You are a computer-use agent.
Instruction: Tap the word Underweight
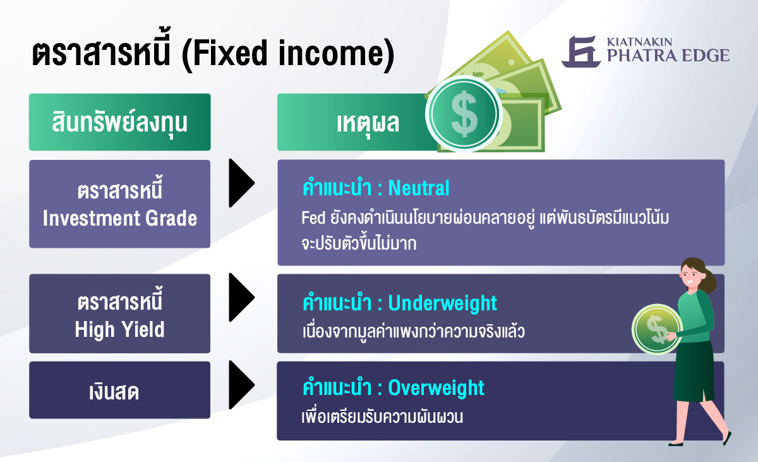(442, 303)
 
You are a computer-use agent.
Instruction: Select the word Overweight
(436, 387)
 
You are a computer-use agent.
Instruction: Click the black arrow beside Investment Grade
(241, 183)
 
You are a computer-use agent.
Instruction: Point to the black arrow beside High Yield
(241, 297)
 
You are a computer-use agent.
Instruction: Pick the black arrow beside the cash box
(241, 385)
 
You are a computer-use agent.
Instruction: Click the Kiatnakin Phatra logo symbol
(581, 51)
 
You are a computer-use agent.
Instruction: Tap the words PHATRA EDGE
(668, 56)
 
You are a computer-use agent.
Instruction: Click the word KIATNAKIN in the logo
(639, 42)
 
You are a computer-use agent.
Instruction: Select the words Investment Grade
(120, 218)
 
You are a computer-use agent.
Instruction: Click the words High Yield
(120, 329)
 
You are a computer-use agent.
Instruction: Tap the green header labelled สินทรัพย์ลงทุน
(120, 122)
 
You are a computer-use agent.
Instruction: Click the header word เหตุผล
(368, 123)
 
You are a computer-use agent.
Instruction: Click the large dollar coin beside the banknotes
(464, 113)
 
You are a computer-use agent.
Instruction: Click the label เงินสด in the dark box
(114, 392)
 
